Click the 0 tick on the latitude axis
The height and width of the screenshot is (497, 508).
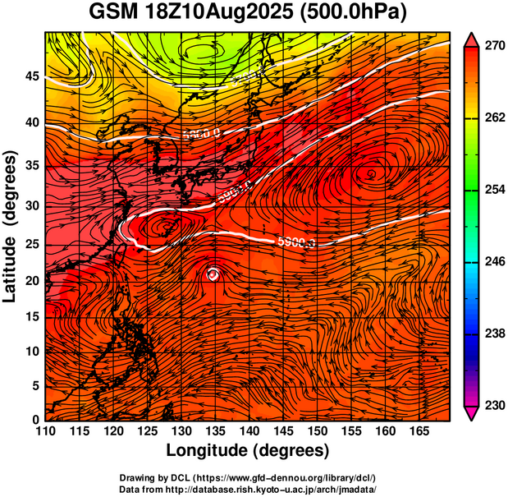(x=35, y=420)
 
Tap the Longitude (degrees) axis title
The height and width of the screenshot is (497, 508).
(x=248, y=451)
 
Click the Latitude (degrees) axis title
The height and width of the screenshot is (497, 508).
(x=11, y=226)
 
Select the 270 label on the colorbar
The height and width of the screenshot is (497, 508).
(x=494, y=47)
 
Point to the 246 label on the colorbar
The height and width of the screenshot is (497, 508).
(x=494, y=262)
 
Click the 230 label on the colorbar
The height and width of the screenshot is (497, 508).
(x=494, y=405)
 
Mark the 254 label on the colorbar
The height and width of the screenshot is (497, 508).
(x=494, y=190)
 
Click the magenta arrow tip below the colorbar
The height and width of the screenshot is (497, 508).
(x=472, y=413)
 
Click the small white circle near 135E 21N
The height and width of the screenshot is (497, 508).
(x=213, y=274)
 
